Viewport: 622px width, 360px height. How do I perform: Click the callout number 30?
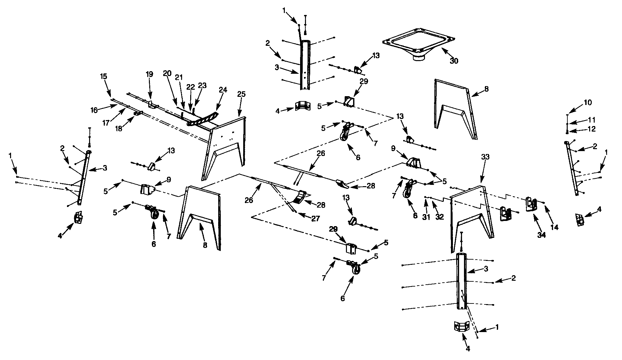click(454, 61)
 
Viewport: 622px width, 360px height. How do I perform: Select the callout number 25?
click(241, 94)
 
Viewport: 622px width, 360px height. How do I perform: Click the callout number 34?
click(541, 235)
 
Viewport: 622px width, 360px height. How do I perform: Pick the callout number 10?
click(588, 103)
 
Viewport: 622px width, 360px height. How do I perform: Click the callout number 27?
click(315, 218)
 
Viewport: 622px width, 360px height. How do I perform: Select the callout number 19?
click(149, 74)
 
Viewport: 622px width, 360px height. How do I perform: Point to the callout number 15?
click(103, 77)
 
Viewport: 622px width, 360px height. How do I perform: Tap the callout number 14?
click(554, 227)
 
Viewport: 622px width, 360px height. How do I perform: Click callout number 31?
click(426, 217)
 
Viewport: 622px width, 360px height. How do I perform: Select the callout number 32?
click(440, 217)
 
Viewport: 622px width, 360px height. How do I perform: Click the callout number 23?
click(202, 85)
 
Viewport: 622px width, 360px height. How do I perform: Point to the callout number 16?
click(94, 111)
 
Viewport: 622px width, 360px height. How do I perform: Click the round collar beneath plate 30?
click(418, 58)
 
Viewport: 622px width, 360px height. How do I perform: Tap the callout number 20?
click(167, 73)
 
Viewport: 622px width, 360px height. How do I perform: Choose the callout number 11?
click(591, 120)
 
